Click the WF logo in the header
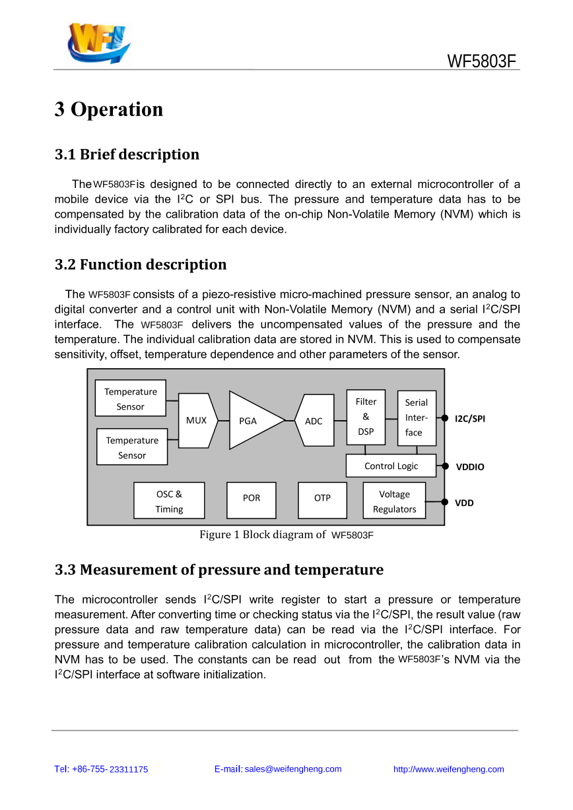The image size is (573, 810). [98, 43]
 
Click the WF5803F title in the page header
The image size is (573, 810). [481, 61]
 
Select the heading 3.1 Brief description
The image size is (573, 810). [127, 154]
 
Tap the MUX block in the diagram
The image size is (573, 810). [197, 421]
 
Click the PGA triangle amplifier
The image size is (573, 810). [253, 420]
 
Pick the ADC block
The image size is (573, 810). [314, 420]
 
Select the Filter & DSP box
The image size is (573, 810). [366, 417]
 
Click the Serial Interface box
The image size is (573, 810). [417, 418]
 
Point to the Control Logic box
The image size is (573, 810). [391, 466]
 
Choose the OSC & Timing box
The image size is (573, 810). [169, 501]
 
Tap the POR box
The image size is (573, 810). [252, 501]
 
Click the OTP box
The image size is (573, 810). [322, 501]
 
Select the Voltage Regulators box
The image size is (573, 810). [394, 501]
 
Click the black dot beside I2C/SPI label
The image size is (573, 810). [445, 418]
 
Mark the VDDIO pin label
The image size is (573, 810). [470, 467]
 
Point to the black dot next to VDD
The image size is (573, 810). [445, 502]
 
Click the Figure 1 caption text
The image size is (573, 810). [286, 535]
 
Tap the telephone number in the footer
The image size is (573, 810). [101, 769]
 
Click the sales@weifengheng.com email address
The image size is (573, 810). [293, 769]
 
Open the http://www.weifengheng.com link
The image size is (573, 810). [448, 769]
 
